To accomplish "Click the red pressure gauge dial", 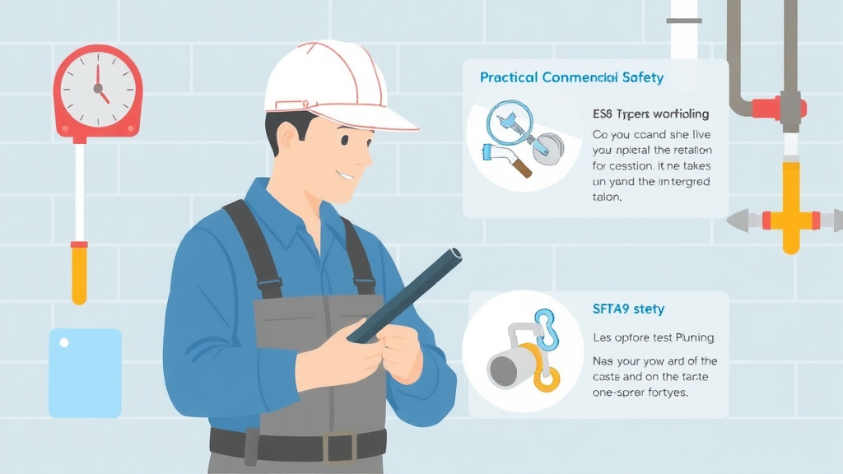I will (x=98, y=91).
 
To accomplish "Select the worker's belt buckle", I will (x=338, y=447).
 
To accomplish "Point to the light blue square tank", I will (x=85, y=372).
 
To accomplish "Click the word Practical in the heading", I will (x=509, y=77).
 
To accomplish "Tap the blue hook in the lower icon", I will (x=544, y=329).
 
